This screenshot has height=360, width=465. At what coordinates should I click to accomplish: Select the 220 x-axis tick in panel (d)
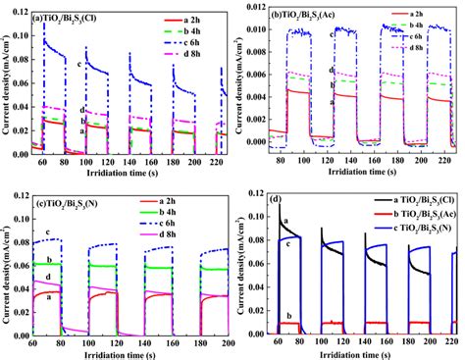(450, 341)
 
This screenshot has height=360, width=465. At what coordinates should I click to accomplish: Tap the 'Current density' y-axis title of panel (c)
(8, 265)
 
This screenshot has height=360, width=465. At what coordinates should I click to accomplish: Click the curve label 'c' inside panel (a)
(79, 64)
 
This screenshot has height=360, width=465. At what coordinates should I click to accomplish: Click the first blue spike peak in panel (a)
(44, 23)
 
